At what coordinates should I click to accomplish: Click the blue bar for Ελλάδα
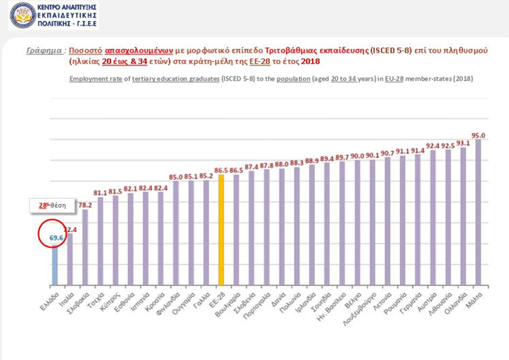tap(55, 265)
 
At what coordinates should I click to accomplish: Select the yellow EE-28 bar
tap(221, 230)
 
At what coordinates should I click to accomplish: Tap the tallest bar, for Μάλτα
tap(479, 212)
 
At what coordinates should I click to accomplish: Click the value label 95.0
tap(479, 135)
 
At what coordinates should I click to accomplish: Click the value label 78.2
tap(85, 205)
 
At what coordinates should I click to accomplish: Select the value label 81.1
tap(100, 193)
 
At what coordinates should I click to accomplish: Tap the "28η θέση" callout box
tap(51, 205)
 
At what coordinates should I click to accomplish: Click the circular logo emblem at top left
tap(22, 15)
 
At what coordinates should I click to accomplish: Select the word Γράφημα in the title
tap(43, 50)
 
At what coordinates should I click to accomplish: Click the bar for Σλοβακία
tap(85, 247)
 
